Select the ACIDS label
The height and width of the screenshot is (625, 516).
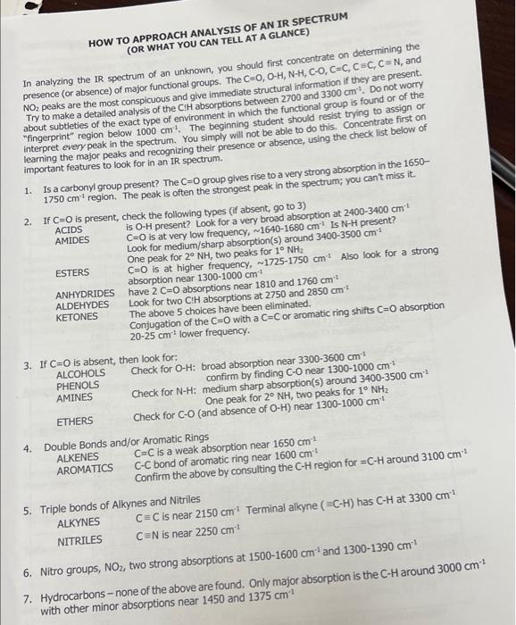click(68, 230)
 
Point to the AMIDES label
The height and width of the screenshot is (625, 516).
click(72, 242)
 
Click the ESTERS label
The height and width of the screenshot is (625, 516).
click(71, 272)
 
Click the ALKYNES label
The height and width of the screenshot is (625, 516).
click(79, 522)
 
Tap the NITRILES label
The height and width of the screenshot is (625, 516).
click(79, 540)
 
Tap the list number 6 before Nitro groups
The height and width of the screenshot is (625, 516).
click(28, 572)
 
